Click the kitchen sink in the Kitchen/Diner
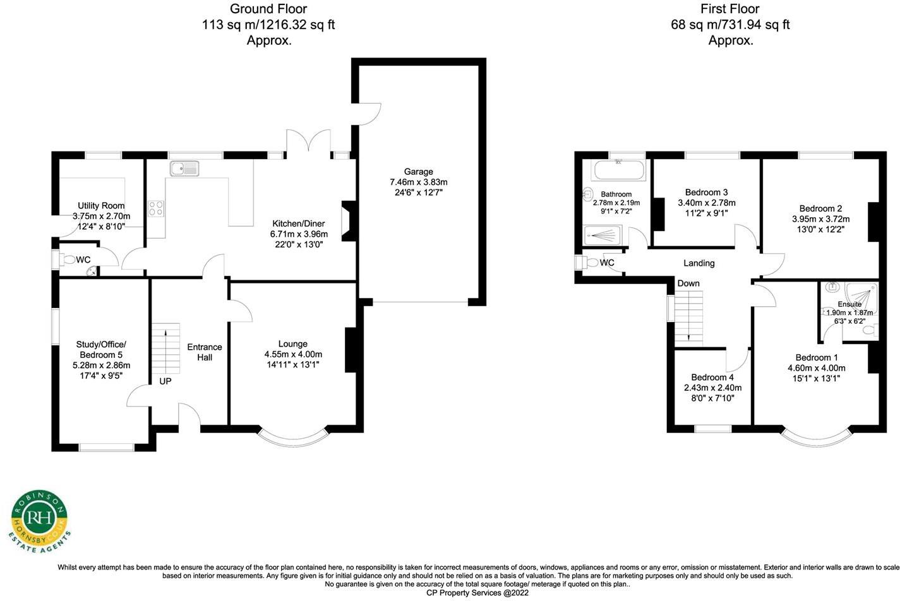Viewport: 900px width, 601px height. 184,169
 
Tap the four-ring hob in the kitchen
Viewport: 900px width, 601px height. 156,208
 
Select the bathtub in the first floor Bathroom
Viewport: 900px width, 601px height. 618,170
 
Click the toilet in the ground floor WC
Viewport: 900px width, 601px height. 67,260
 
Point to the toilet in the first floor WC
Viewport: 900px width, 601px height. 589,263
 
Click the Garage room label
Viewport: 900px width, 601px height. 418,172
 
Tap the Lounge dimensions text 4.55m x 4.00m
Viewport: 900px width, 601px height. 293,354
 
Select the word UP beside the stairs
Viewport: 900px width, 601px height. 165,381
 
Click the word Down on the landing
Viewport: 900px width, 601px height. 688,283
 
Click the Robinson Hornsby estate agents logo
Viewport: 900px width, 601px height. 39,521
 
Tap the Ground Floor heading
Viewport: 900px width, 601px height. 268,8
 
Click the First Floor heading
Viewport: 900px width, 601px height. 730,8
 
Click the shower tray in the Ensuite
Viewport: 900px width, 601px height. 861,299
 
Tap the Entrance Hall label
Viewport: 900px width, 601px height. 205,352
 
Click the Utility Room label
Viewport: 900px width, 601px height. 101,206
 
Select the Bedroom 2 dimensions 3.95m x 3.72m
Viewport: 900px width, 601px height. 821,219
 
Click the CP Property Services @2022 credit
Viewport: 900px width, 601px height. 477,593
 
